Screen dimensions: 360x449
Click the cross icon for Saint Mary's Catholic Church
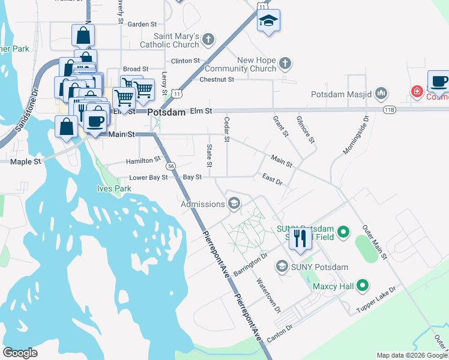click(x=208, y=40)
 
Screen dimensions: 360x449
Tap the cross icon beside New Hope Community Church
click(x=285, y=62)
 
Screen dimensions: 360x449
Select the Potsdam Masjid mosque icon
click(x=382, y=94)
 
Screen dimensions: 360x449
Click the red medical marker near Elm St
click(x=416, y=91)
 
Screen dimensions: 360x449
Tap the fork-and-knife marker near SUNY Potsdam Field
click(x=301, y=238)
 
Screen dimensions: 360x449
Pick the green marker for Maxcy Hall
click(x=363, y=286)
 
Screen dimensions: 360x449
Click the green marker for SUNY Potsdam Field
click(x=343, y=231)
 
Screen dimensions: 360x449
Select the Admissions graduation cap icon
click(x=234, y=204)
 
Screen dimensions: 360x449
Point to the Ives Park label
click(x=114, y=188)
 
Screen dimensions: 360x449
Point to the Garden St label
click(x=142, y=24)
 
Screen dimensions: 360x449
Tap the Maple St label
click(x=25, y=162)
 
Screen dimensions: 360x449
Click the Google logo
click(x=20, y=353)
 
